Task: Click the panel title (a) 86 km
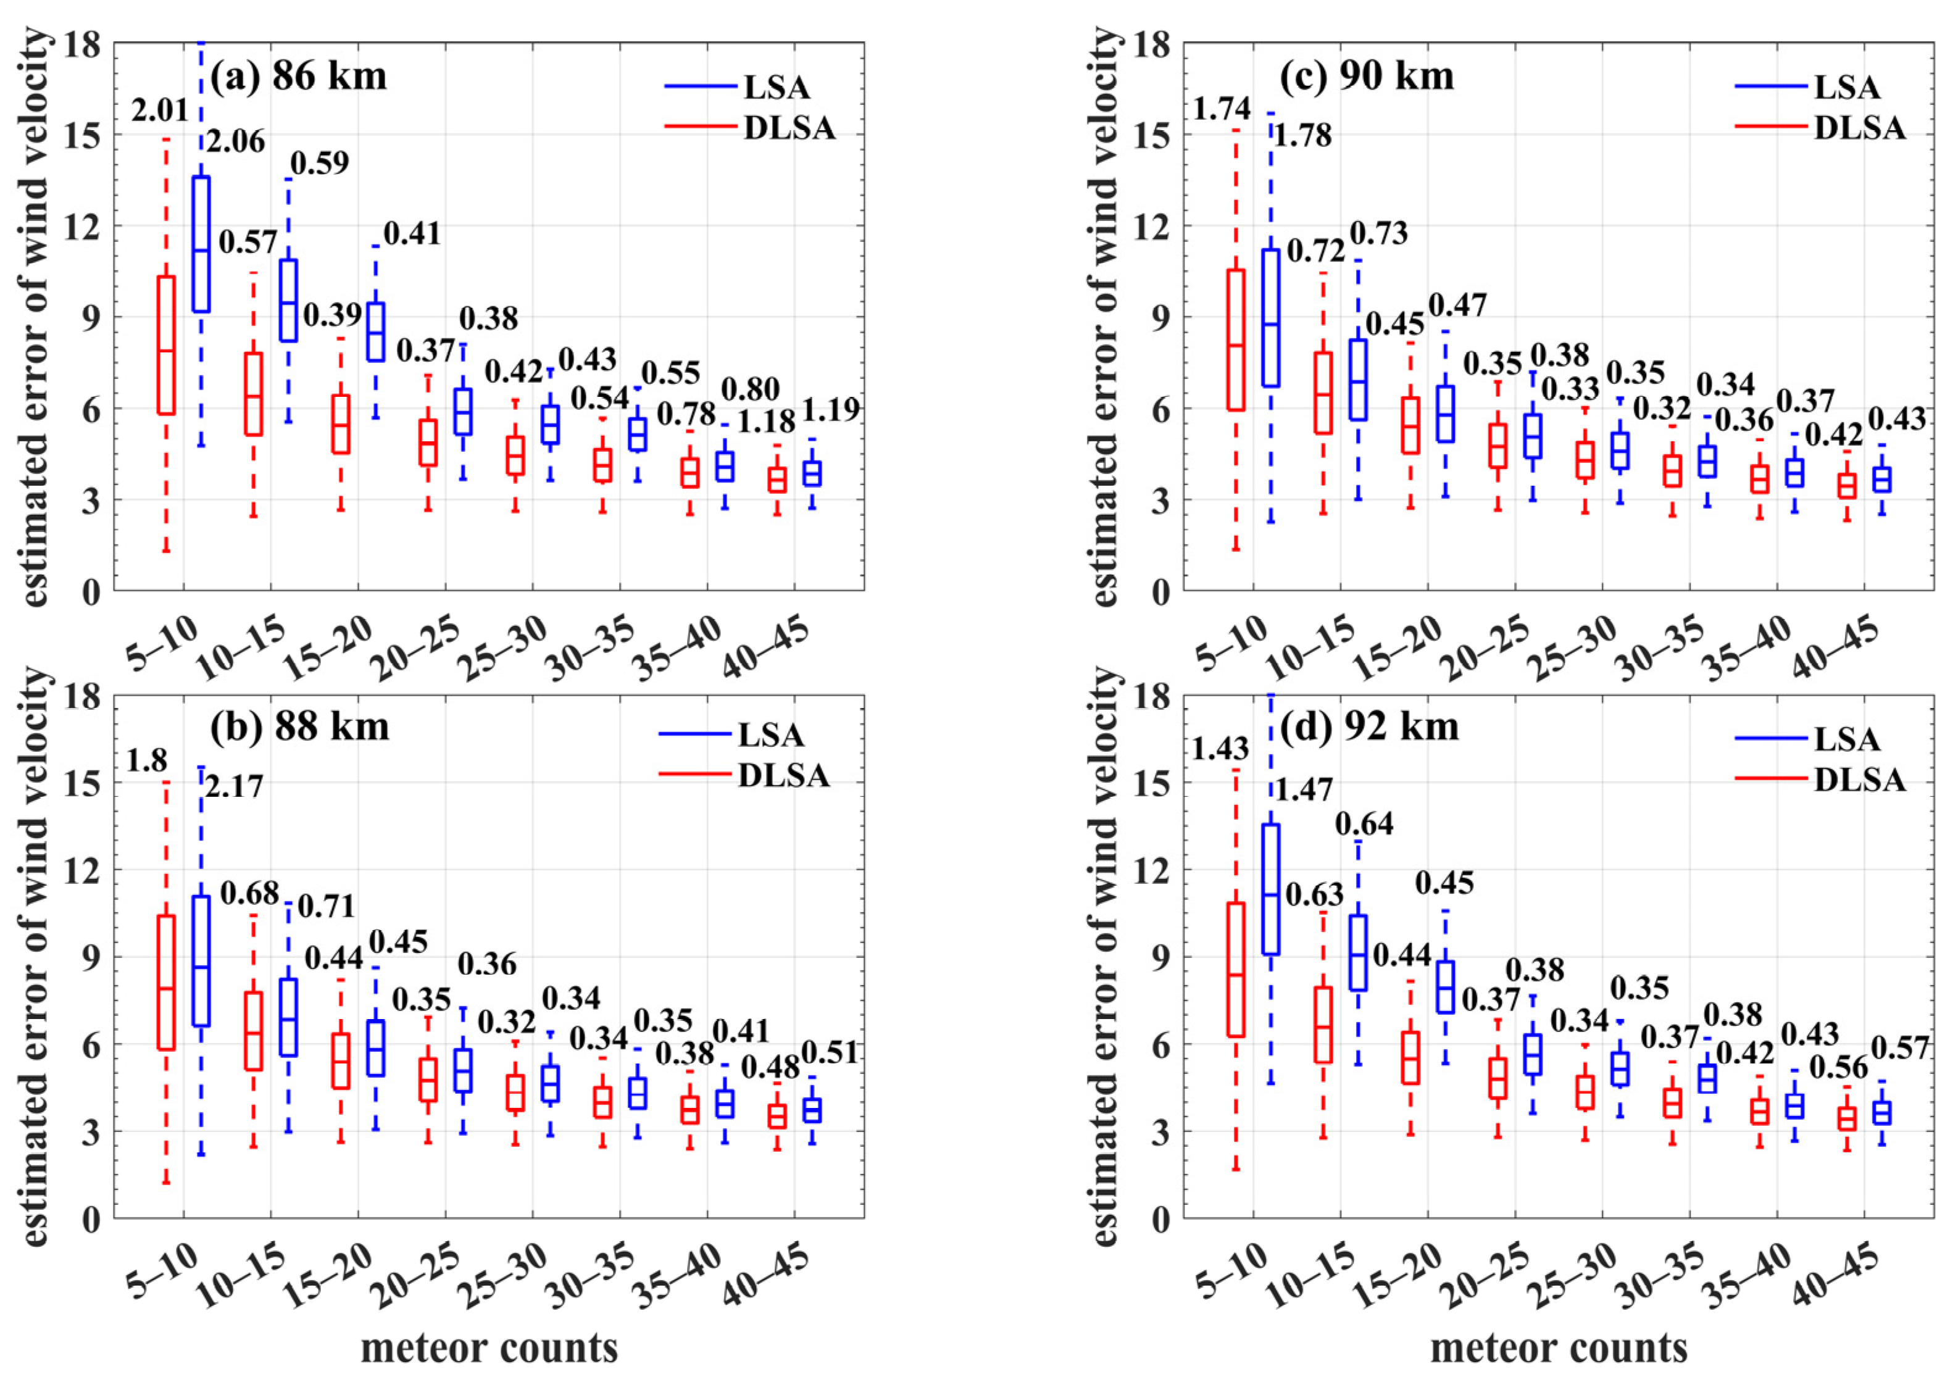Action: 298,77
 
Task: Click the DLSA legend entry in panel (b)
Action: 783,775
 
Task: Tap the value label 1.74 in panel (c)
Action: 1222,109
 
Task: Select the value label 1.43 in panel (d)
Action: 1220,749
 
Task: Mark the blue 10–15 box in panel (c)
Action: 1358,380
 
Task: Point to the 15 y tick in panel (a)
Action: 83,135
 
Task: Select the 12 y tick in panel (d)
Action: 1153,870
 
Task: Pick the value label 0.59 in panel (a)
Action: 319,162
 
